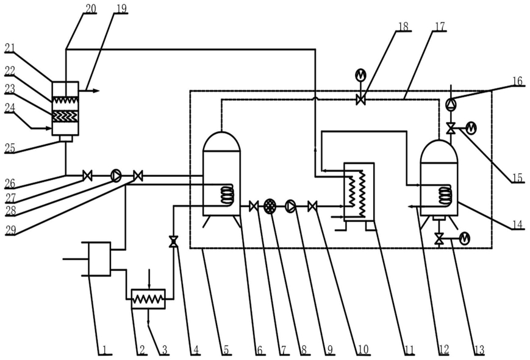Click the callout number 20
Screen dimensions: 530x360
click(90, 9)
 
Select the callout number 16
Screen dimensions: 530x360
click(517, 82)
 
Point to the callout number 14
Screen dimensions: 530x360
click(517, 225)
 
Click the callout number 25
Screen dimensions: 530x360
click(10, 148)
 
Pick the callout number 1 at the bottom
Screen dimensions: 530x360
click(105, 350)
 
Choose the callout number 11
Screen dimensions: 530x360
click(409, 350)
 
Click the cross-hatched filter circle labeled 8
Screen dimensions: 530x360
click(270, 206)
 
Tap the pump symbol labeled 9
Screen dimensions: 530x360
click(290, 206)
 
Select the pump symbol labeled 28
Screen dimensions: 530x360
click(116, 176)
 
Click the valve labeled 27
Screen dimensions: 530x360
click(87, 176)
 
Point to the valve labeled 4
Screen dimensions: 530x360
click(173, 242)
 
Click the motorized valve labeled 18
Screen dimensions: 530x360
click(360, 99)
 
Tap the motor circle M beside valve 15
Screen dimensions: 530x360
click(471, 128)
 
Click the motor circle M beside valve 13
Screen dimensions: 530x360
click(464, 239)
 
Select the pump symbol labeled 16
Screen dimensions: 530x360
click(451, 103)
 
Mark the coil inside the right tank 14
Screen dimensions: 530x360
click(445, 195)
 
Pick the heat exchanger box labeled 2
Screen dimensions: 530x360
click(148, 299)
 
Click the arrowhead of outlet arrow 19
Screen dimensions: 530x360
click(96, 90)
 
